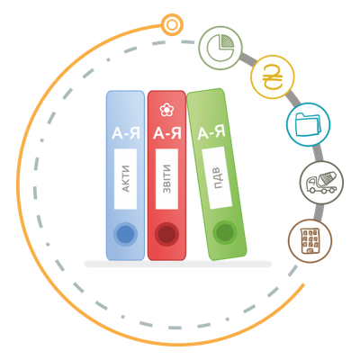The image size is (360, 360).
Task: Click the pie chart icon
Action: (x=220, y=48)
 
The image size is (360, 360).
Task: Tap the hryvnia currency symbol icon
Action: (x=273, y=77)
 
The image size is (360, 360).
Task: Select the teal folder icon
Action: (x=308, y=124)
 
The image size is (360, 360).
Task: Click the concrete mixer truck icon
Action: (x=321, y=183)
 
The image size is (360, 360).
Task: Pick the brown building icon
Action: (x=310, y=241)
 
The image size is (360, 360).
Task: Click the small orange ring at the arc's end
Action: (x=172, y=25)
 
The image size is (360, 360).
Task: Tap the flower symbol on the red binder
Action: (x=166, y=110)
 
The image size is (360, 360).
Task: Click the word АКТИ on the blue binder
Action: (x=126, y=179)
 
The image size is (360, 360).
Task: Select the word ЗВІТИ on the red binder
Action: (x=166, y=179)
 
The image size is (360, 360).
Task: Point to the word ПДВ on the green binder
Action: (x=217, y=178)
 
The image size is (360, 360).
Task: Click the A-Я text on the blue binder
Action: (x=126, y=133)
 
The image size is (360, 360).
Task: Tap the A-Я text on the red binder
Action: (x=167, y=133)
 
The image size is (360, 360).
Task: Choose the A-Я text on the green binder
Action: (x=211, y=133)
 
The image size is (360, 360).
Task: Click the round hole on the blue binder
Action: (x=125, y=234)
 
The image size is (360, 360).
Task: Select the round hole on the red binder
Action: (x=166, y=234)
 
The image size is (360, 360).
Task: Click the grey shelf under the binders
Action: (x=178, y=264)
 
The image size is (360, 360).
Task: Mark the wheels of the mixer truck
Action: (x=322, y=189)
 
